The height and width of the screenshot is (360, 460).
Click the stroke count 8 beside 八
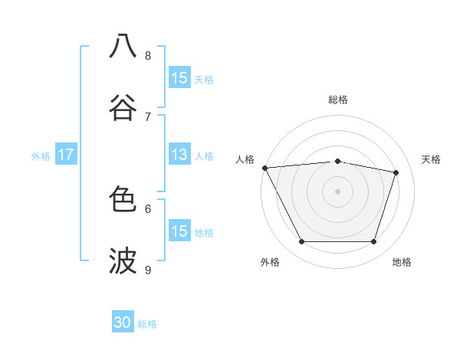click(148, 55)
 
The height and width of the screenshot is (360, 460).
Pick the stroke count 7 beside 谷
click(148, 116)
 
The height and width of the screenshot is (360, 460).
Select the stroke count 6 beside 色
click(148, 208)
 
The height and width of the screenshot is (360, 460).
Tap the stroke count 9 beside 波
click(148, 270)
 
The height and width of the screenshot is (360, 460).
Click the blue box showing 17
click(65, 155)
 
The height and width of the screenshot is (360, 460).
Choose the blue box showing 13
click(179, 155)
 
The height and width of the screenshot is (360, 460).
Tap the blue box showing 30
click(123, 322)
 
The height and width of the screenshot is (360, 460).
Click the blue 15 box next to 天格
click(179, 78)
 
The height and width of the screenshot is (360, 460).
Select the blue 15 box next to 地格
click(179, 231)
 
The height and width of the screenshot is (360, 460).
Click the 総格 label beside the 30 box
click(148, 324)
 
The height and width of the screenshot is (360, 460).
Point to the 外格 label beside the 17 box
click(41, 155)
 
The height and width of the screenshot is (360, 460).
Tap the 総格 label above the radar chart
click(337, 100)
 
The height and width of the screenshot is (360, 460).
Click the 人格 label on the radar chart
click(245, 159)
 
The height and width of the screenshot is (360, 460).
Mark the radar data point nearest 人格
click(264, 168)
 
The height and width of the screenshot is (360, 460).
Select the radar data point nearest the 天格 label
click(396, 172)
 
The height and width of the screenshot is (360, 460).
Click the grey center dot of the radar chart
click(337, 191)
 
